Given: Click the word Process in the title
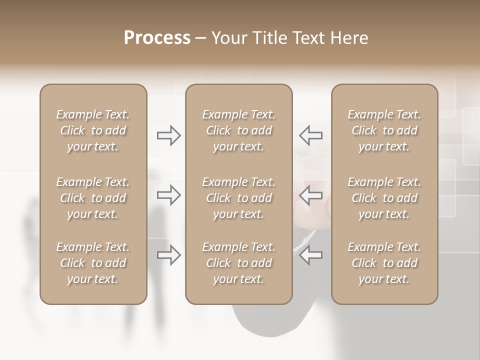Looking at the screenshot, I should pos(157,38).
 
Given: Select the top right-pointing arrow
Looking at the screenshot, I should pos(169,135).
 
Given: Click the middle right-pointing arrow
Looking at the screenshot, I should pos(169,195).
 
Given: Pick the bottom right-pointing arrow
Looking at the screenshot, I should pos(169,255).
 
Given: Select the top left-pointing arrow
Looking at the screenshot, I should pos(310,135).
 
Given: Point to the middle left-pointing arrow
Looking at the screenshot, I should pos(310,195).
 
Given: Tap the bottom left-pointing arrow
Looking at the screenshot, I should pos(310,255).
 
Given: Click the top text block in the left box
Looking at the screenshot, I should pos(93,130).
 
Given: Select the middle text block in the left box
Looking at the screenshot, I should pos(93,198).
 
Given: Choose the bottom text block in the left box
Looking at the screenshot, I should pos(93,263).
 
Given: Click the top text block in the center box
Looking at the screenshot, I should pos(238,130).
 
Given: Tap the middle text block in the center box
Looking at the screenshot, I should pos(238,198).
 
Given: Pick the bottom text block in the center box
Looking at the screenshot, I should pos(238,263).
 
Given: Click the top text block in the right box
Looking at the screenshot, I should pos(384,130).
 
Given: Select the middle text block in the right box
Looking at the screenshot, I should pos(384,198).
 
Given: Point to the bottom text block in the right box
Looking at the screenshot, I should pos(384,263).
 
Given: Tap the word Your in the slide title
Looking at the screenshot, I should pos(229,38).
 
